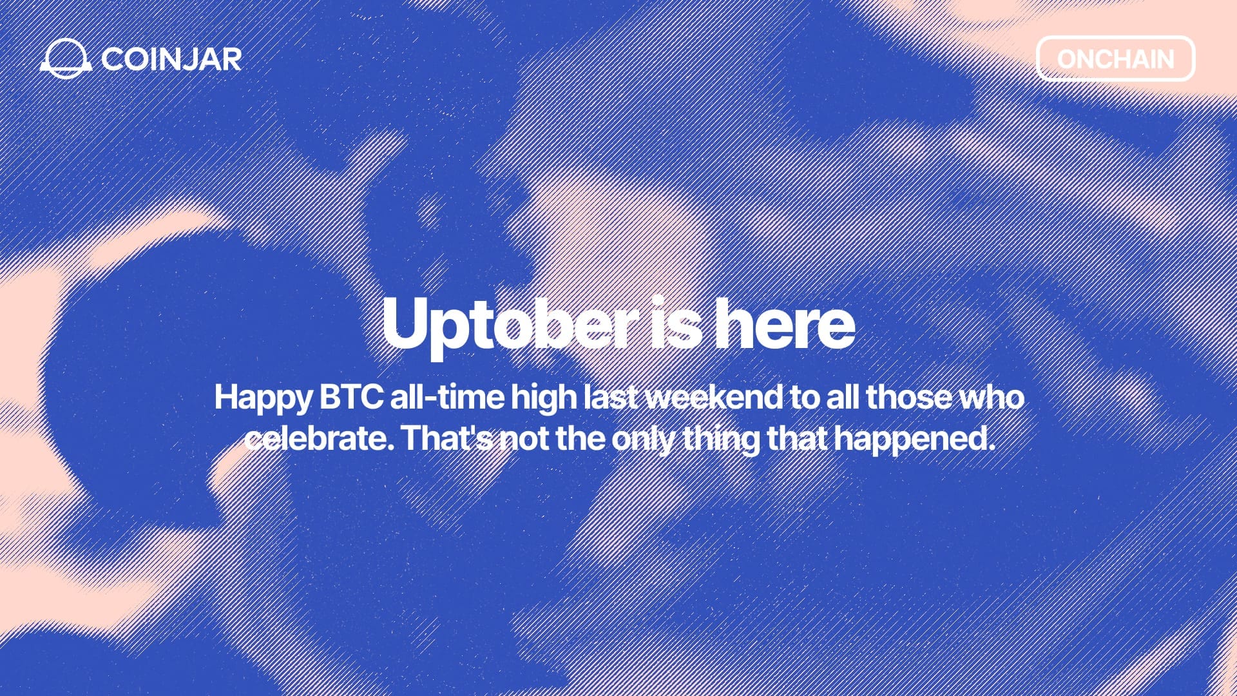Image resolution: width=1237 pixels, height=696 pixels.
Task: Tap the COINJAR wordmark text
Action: tap(171, 59)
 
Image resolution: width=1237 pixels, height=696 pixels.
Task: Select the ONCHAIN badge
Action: tap(1115, 59)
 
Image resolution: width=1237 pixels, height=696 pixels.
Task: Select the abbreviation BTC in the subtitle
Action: tap(352, 397)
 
